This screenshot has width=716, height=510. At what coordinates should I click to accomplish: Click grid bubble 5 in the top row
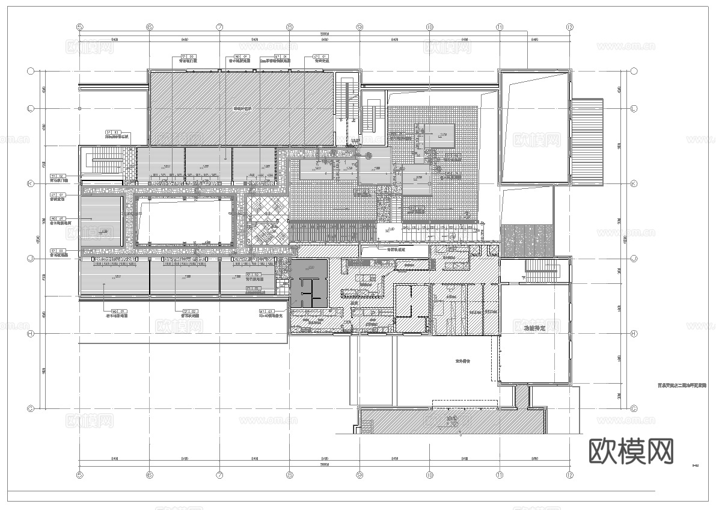click(79, 27)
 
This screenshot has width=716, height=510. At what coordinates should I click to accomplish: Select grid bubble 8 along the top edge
click(290, 27)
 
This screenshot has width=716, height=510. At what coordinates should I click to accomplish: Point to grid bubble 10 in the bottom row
click(430, 475)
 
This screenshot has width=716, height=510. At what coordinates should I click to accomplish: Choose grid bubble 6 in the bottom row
click(150, 475)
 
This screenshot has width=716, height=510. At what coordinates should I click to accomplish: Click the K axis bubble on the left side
click(30, 183)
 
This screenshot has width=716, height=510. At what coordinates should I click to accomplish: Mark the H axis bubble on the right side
click(634, 334)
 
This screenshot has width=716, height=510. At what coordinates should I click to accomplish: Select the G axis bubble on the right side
click(634, 408)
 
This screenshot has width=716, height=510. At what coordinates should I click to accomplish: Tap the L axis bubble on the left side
click(30, 108)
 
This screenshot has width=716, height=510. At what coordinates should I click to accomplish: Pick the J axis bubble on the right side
click(634, 259)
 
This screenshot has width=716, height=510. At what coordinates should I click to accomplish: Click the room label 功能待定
click(533, 328)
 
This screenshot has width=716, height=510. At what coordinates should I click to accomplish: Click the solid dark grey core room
click(310, 283)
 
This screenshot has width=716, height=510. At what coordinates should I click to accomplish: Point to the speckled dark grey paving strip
click(528, 239)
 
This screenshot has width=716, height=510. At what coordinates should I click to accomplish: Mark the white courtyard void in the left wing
click(183, 220)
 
